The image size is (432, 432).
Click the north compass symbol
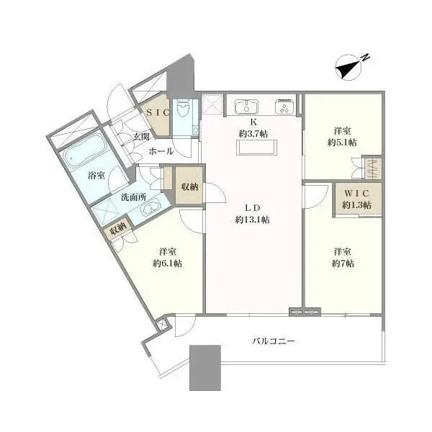[348, 68]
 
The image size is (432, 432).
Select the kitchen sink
[246, 107]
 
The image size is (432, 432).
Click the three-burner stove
[284, 106]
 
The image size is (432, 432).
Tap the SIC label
[157, 112]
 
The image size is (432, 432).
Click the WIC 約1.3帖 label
[357, 199]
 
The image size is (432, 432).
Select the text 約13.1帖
[253, 220]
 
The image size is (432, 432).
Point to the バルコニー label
[274, 341]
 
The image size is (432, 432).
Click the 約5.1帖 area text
[342, 143]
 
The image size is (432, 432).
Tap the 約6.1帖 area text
[168, 264]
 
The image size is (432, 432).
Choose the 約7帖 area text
[343, 264]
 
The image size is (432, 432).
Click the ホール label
[161, 151]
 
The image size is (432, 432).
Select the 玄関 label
[141, 137]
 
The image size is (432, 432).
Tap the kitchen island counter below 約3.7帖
[256, 148]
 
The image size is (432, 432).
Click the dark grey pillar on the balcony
[205, 368]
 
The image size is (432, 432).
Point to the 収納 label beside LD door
[190, 187]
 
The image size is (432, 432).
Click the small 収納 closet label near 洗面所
[118, 228]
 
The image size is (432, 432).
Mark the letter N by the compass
[365, 58]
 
